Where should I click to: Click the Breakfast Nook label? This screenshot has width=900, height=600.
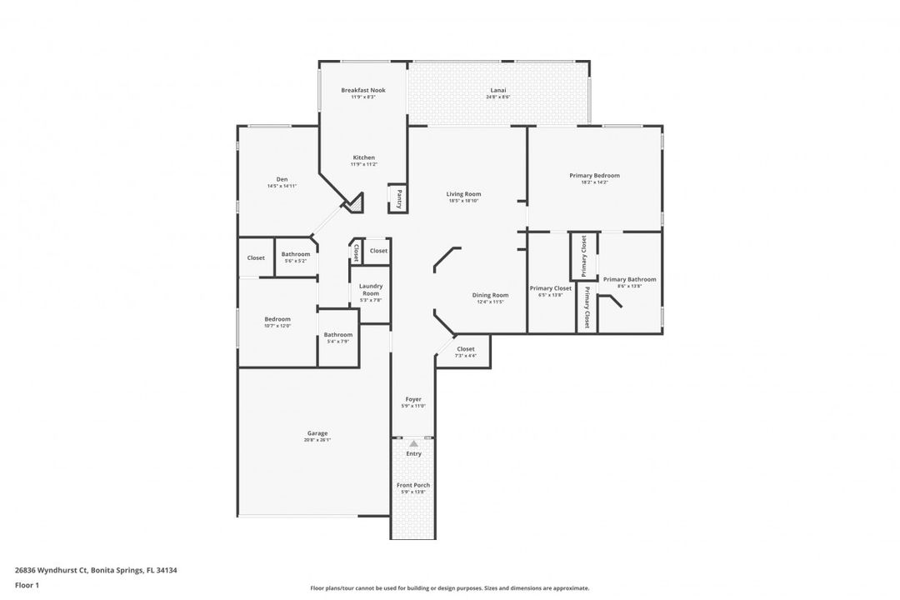363,90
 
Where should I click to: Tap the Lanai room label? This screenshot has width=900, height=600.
497,90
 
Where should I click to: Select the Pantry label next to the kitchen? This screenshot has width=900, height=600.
399,198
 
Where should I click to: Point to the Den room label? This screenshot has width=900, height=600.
282,179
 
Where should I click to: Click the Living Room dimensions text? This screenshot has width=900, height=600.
463,201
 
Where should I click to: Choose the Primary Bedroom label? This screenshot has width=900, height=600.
594,176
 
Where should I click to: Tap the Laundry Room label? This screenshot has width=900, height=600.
371,290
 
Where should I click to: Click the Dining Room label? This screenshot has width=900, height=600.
490,295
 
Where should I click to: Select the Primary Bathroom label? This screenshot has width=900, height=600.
629,280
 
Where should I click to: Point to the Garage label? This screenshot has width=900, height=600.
317,433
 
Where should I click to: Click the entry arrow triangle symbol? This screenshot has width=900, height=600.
413,444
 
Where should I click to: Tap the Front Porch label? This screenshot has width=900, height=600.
413,485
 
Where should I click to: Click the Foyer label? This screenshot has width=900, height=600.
413,399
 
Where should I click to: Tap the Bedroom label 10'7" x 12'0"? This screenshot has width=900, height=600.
277,319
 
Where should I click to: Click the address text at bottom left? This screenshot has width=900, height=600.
96,571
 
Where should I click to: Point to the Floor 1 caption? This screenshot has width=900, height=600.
27,585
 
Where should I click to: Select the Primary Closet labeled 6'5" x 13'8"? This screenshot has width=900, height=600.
551,288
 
